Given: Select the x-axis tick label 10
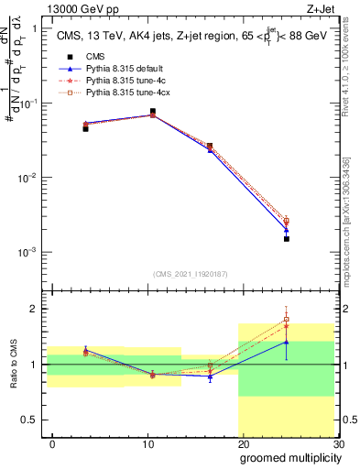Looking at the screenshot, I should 147,443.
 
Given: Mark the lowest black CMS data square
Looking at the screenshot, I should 287,238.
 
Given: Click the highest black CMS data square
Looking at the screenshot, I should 152,111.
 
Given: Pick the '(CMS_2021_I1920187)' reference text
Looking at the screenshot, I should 190,273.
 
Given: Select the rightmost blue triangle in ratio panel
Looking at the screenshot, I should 287,342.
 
